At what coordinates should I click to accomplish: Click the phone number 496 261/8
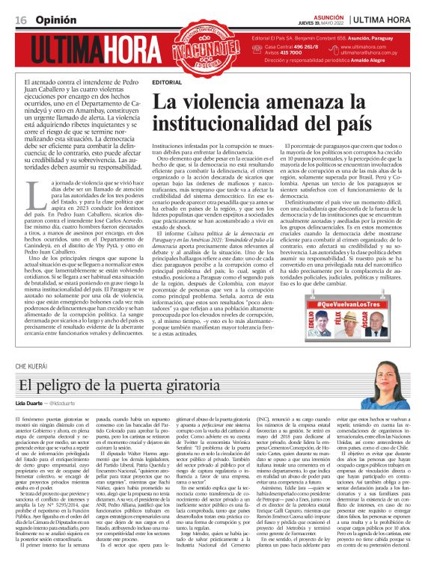298,46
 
